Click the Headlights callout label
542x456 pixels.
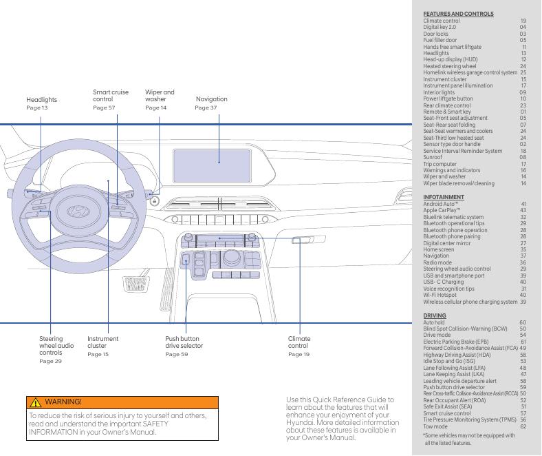pyautogui.click(x=41, y=100)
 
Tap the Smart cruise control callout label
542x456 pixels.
pyautogui.click(x=110, y=96)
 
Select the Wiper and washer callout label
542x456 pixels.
pyautogui.click(x=160, y=96)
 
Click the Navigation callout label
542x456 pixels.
pyautogui.click(x=211, y=99)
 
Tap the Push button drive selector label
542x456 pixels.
pyautogui.click(x=182, y=342)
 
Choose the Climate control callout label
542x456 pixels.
pyautogui.click(x=299, y=342)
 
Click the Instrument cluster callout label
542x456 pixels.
pyautogui.click(x=102, y=342)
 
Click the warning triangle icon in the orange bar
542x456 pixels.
pyautogui.click(x=34, y=401)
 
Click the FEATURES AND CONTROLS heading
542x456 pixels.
pyautogui.click(x=458, y=14)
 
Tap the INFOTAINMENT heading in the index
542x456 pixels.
pyautogui.click(x=443, y=198)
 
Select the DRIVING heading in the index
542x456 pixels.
pyautogui.click(x=435, y=315)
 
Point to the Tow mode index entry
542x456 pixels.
pyautogui.click(x=435, y=426)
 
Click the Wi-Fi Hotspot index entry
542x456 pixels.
pyautogui.click(x=440, y=295)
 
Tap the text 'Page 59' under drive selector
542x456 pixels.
pyautogui.click(x=176, y=355)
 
